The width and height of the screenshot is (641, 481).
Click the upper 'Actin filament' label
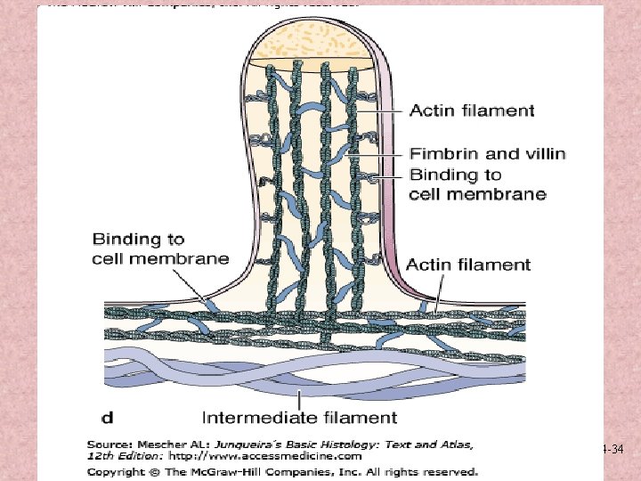coord(472,110)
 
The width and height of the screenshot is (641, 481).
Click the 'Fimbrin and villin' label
coord(487,154)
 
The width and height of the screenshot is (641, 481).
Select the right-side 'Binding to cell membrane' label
coord(477,183)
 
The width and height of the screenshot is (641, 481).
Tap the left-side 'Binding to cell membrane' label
coord(160,249)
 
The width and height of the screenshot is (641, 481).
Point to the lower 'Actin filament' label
coord(468,264)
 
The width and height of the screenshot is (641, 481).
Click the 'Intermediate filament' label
coord(299,416)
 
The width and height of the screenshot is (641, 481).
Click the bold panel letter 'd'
coord(108,416)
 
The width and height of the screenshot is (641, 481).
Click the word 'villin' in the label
coord(543,154)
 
